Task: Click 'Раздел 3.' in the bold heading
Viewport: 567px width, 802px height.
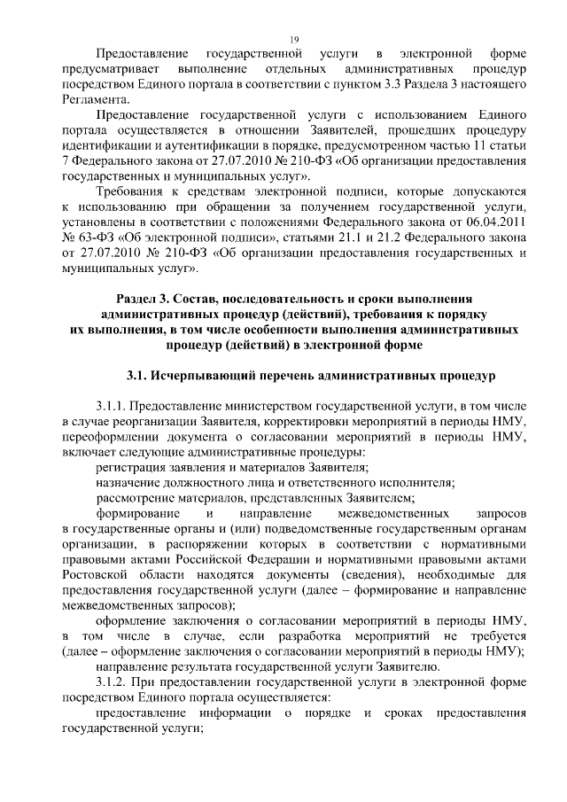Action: (146, 299)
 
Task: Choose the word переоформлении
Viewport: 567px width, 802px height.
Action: (112, 439)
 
